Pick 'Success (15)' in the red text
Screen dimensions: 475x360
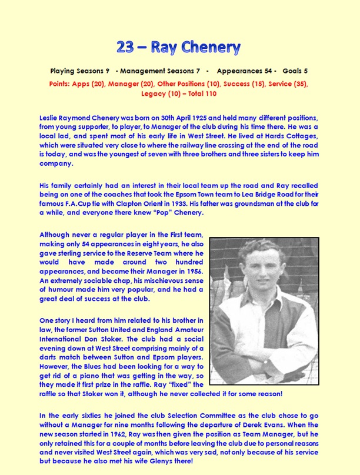click(x=234, y=83)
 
